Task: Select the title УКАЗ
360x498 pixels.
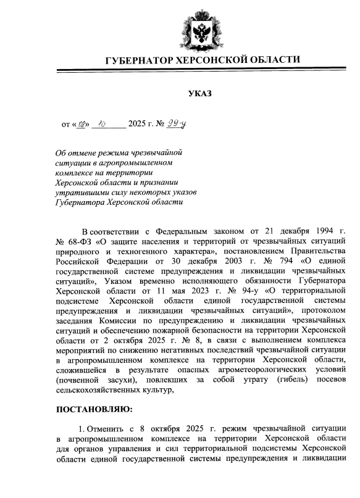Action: (x=199, y=94)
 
